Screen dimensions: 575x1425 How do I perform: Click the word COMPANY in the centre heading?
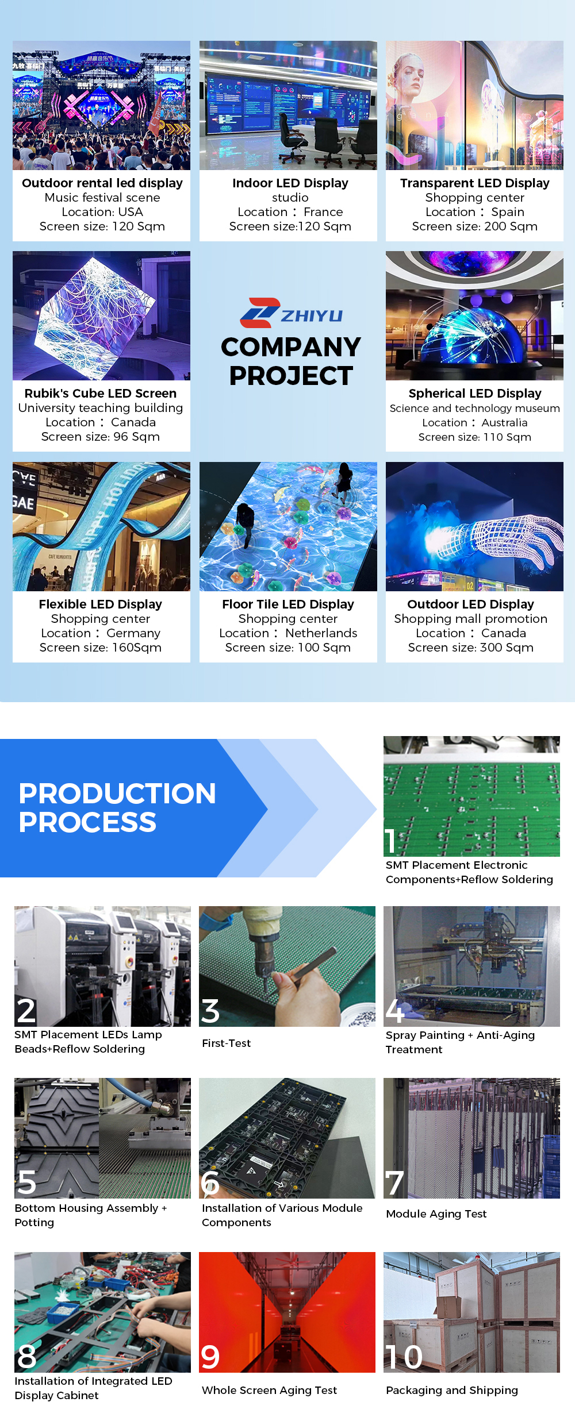pyautogui.click(x=291, y=347)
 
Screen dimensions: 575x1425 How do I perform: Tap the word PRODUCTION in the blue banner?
pyautogui.click(x=117, y=794)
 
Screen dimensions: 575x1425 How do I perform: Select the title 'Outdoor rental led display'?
pyautogui.click(x=102, y=183)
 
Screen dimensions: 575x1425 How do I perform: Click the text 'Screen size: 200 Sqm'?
pyautogui.click(x=475, y=226)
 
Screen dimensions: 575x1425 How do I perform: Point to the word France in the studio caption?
pyautogui.click(x=323, y=212)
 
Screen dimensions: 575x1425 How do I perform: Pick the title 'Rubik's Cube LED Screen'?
pyautogui.click(x=101, y=394)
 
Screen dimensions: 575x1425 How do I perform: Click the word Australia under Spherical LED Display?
pyautogui.click(x=504, y=422)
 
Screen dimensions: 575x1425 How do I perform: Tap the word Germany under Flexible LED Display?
pyautogui.click(x=133, y=634)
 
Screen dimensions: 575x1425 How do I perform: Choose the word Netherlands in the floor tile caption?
pyautogui.click(x=321, y=633)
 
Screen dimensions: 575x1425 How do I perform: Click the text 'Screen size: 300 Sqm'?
pyautogui.click(x=471, y=648)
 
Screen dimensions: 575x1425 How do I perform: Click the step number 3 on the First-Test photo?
pyautogui.click(x=210, y=1011)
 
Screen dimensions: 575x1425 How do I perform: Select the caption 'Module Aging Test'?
pyautogui.click(x=436, y=1214)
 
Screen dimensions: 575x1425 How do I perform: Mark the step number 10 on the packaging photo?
pyautogui.click(x=404, y=1357)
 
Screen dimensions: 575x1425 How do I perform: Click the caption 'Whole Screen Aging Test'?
pyautogui.click(x=270, y=1390)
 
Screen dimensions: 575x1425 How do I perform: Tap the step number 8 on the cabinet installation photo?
pyautogui.click(x=27, y=1357)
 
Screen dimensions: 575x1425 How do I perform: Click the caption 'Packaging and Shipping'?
pyautogui.click(x=452, y=1390)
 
